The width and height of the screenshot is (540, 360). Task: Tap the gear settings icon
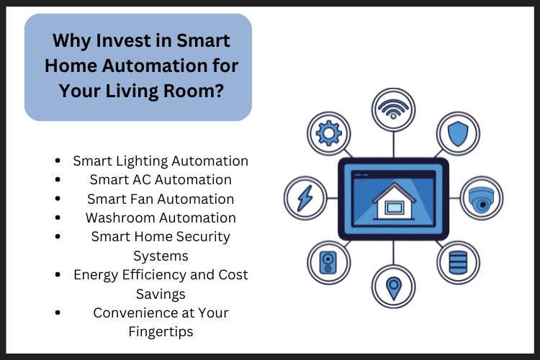tap(328, 135)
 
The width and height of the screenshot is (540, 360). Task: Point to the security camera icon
tap(482, 198)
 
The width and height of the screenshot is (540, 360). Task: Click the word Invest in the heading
tap(129, 40)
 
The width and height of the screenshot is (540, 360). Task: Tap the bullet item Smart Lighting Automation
tap(161, 161)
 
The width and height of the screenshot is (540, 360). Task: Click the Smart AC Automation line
tap(161, 179)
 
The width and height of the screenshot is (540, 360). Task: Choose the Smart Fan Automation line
tap(161, 199)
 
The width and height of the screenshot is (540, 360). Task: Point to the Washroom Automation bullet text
tap(161, 217)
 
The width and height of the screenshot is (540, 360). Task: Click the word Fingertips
tap(161, 331)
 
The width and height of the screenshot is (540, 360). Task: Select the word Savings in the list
tap(161, 294)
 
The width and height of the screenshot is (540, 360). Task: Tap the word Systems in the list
tap(161, 256)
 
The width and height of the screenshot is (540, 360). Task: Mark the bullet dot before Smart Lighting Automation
tap(57, 161)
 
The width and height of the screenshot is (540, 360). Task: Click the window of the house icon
tap(394, 208)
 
